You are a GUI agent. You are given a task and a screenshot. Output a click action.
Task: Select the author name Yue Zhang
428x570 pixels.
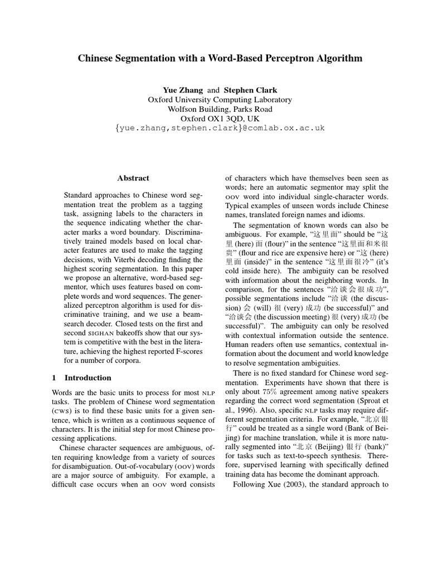[x=183, y=90]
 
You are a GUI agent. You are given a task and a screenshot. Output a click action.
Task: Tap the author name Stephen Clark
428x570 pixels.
[x=250, y=90]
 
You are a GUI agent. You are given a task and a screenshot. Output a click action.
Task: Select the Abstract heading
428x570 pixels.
[x=133, y=178]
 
